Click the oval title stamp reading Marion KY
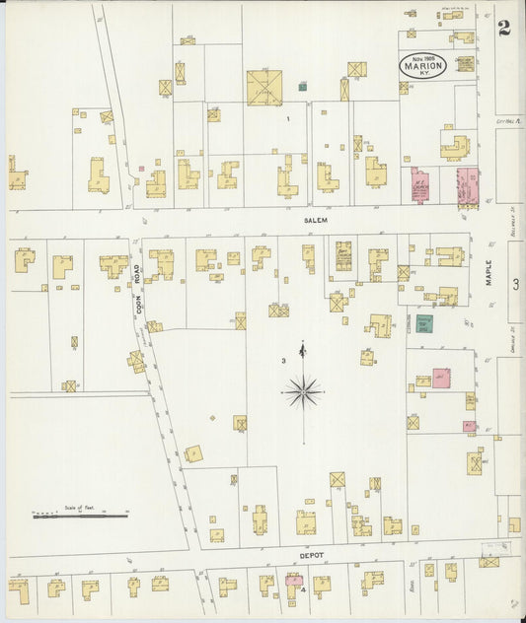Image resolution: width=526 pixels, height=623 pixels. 423,65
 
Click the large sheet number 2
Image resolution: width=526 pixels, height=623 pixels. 504,28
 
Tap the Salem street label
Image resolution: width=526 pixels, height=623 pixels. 314,221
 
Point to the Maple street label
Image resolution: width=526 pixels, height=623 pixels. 488,272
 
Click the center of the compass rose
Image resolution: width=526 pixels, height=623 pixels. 303,392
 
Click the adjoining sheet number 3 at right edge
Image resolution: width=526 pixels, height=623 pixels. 515,284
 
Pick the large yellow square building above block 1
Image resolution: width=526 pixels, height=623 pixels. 264,87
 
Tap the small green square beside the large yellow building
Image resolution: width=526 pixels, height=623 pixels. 303,87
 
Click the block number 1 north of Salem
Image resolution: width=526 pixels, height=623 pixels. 288,118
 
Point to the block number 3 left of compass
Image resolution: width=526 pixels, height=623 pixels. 283,361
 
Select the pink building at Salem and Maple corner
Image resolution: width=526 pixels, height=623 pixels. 466,184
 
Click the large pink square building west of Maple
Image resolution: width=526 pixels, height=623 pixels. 441,378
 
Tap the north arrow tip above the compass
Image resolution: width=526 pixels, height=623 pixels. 303,344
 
